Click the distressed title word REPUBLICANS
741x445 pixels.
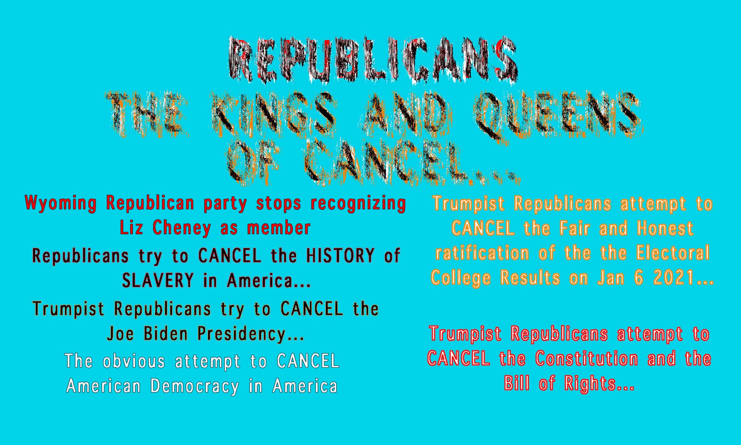pos(372,59)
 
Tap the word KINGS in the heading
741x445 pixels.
pos(274,113)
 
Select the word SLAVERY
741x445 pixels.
pos(158,280)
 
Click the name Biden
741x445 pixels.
pos(165,334)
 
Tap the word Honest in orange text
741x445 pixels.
pos(665,228)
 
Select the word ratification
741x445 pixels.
pos(482,253)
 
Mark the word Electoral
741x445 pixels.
pos(673,253)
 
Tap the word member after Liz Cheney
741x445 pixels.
pos(279,228)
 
